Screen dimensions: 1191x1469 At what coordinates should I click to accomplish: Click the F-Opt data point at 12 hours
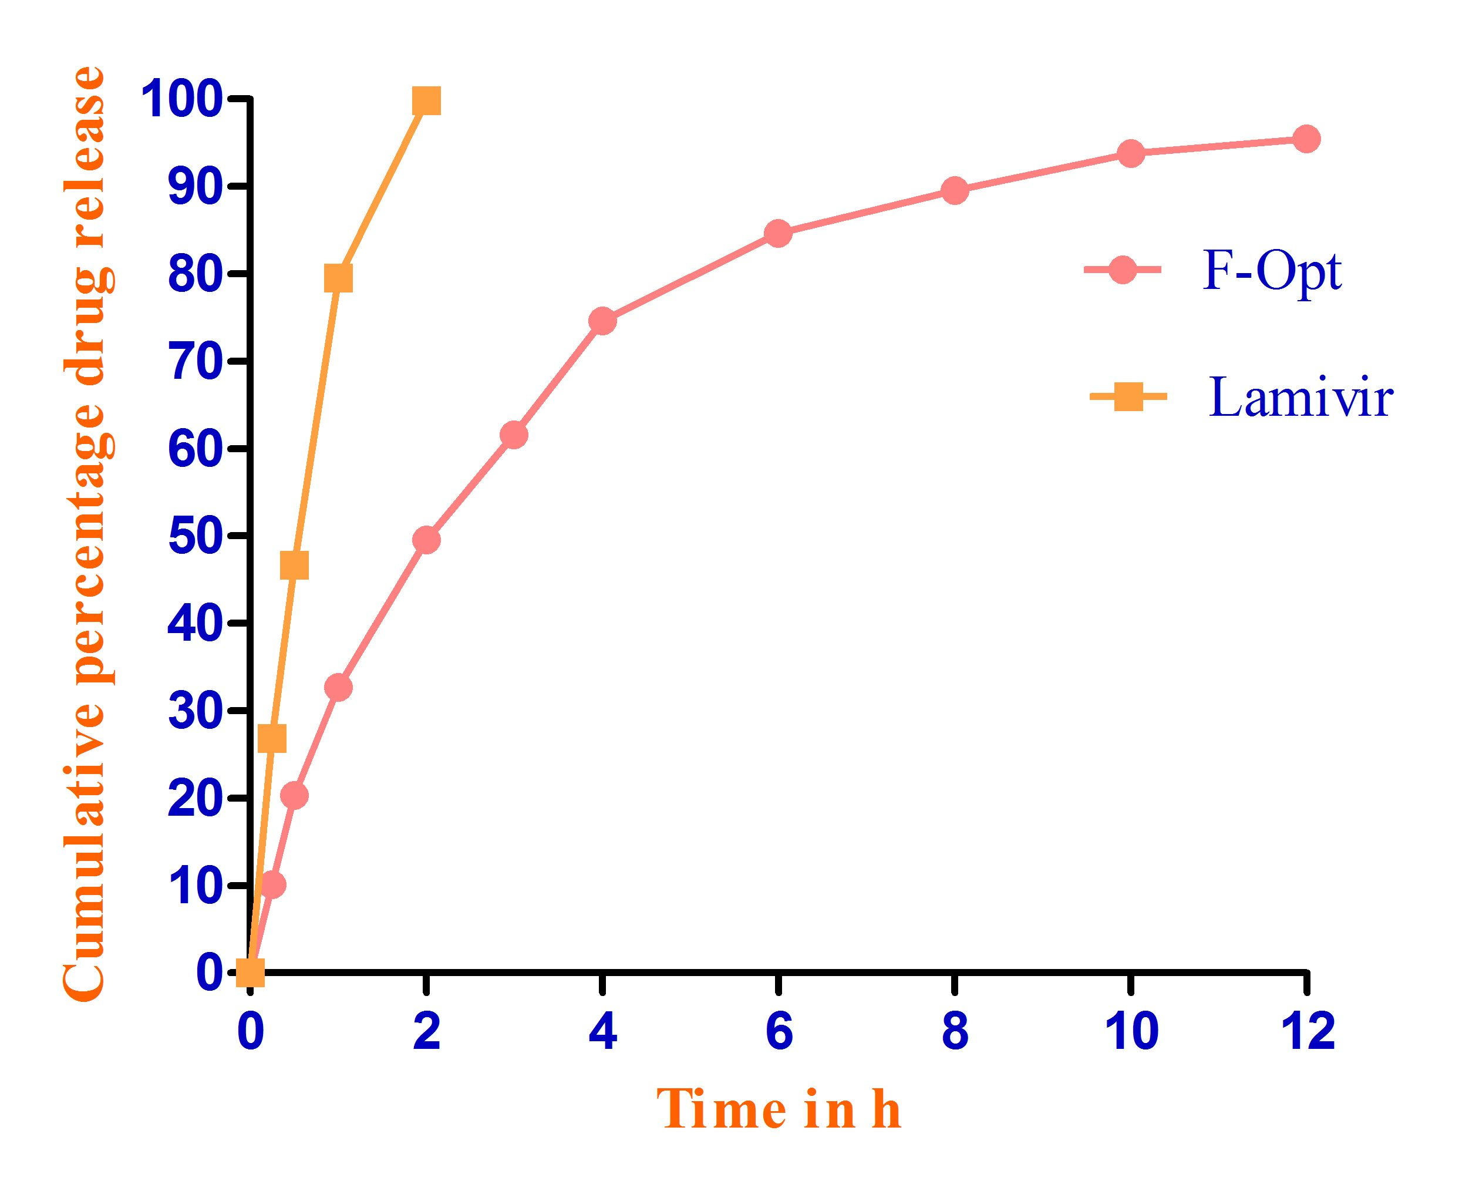tap(1306, 139)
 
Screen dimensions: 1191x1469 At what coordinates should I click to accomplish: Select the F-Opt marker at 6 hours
tap(779, 233)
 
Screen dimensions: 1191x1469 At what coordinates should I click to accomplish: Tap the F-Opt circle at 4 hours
tap(602, 321)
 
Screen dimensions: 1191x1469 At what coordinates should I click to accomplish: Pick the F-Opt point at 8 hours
tap(955, 190)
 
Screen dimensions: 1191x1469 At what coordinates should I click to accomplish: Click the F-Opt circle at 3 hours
tap(514, 434)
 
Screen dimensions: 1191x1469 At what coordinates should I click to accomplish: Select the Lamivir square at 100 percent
tap(426, 102)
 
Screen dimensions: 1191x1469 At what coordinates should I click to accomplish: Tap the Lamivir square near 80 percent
tap(338, 278)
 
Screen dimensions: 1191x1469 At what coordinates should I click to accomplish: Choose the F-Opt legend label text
tap(1272, 272)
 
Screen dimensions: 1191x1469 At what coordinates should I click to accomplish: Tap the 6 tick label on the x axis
tap(779, 1032)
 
